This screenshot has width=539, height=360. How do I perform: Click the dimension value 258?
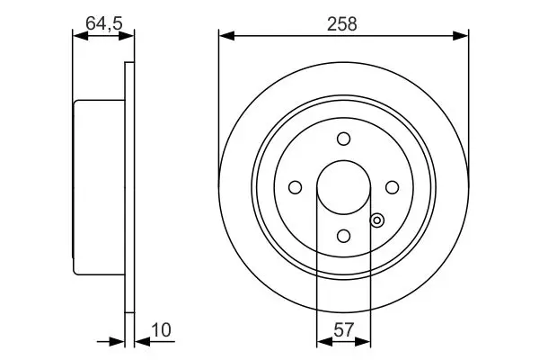pos(342,24)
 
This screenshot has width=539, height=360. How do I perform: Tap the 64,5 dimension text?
pos(104,23)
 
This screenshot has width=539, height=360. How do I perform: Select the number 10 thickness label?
pos(161,330)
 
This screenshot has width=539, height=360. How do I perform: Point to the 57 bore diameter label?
pos(343,329)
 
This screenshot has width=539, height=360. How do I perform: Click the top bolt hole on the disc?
pos(344,139)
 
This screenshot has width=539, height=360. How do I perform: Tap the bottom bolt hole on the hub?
pos(344,236)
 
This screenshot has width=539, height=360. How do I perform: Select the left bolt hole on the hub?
pos(296,187)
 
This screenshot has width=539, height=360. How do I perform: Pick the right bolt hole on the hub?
pos(393,187)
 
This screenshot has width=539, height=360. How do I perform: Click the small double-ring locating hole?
pos(377,220)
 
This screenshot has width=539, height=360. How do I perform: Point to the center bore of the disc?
pos(344,187)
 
